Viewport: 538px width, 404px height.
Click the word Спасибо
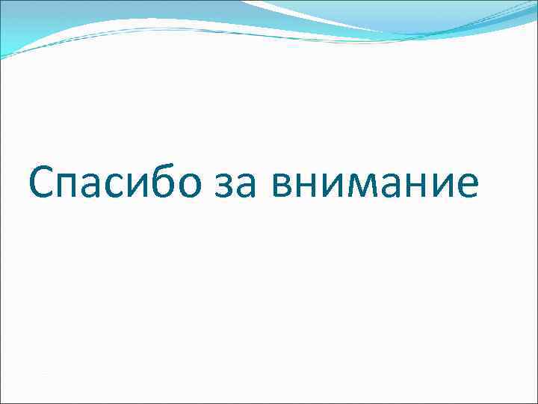click(x=115, y=184)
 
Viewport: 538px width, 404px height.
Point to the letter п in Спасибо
click(x=72, y=187)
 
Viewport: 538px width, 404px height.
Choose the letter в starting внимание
click(x=284, y=187)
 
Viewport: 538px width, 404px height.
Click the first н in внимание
click(x=309, y=187)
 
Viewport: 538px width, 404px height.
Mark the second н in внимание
click(x=415, y=187)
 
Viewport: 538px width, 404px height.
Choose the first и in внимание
click(x=333, y=187)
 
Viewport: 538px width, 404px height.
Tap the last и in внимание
click(x=441, y=187)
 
